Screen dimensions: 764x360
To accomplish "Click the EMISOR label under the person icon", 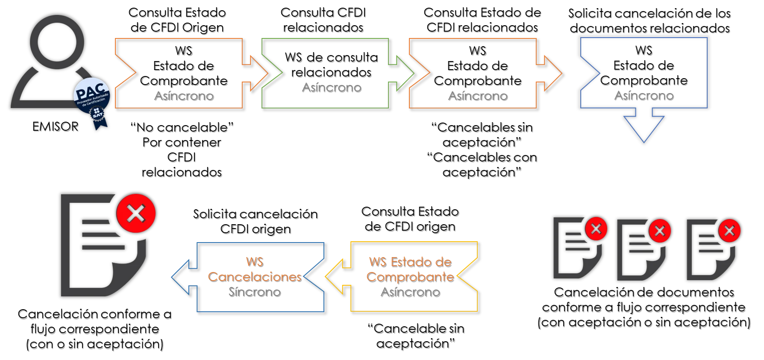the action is coord(56,126).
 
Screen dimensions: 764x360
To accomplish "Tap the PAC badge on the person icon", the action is coord(92,96).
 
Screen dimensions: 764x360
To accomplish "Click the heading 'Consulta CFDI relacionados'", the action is coord(323,20).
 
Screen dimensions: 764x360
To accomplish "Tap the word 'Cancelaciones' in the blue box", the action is coord(255,277).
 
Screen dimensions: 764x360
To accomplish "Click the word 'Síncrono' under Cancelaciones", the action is coord(255,292).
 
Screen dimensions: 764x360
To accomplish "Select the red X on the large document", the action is coord(136,213).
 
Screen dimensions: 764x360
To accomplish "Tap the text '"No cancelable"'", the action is coord(182,127).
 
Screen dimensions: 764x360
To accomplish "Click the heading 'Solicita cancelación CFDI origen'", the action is coord(256,221).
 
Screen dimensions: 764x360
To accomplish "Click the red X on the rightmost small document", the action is coord(729,231).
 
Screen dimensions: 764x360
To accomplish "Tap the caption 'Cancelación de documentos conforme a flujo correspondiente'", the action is coord(644,300).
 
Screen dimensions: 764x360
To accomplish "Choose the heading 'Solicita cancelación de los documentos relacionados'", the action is coord(649,20).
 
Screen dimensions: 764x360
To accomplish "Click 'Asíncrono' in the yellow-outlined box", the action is coord(411,292).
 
